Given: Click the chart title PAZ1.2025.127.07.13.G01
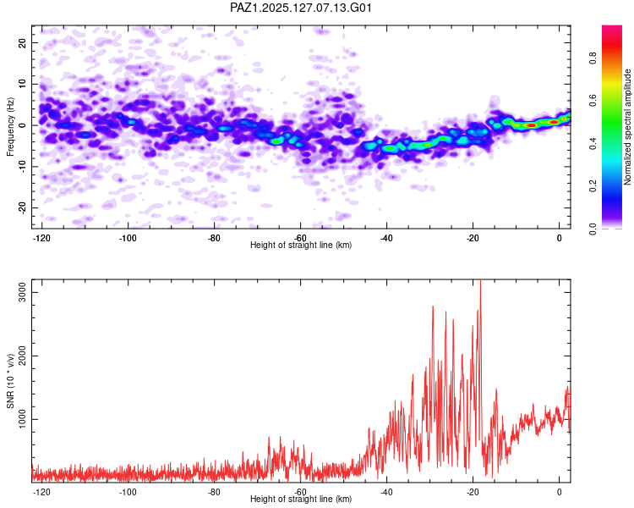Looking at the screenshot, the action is pyautogui.click(x=300, y=8).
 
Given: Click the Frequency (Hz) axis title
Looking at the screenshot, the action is pyautogui.click(x=10, y=127).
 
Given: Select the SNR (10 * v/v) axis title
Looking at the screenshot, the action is pyautogui.click(x=10, y=381).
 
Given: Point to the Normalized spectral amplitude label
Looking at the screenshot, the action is pyautogui.click(x=627, y=127).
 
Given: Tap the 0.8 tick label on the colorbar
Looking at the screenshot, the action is pyautogui.click(x=593, y=58).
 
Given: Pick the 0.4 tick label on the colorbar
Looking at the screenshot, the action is pyautogui.click(x=593, y=143).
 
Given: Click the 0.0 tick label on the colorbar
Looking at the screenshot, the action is pyautogui.click(x=593, y=229).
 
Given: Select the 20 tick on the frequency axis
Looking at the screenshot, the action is pyautogui.click(x=22, y=42).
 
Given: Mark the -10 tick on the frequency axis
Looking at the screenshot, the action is pyautogui.click(x=22, y=167).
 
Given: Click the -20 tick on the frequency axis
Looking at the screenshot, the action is pyautogui.click(x=22, y=207).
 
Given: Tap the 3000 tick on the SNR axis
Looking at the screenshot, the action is pyautogui.click(x=22, y=292).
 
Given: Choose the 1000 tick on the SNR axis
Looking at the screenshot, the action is pyautogui.click(x=22, y=419).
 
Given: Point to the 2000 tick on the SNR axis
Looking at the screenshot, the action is pyautogui.click(x=22, y=356).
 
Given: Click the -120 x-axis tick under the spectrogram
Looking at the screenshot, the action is pyautogui.click(x=41, y=238).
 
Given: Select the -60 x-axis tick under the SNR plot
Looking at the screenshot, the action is pyautogui.click(x=300, y=492).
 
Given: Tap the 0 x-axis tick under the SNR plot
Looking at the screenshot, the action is pyautogui.click(x=560, y=492).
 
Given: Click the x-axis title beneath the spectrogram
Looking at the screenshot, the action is pyautogui.click(x=301, y=245).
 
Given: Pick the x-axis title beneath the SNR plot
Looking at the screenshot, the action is pyautogui.click(x=301, y=499).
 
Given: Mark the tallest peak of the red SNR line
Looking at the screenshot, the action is pyautogui.click(x=480, y=280).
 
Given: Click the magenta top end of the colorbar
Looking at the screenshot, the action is pyautogui.click(x=612, y=27).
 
